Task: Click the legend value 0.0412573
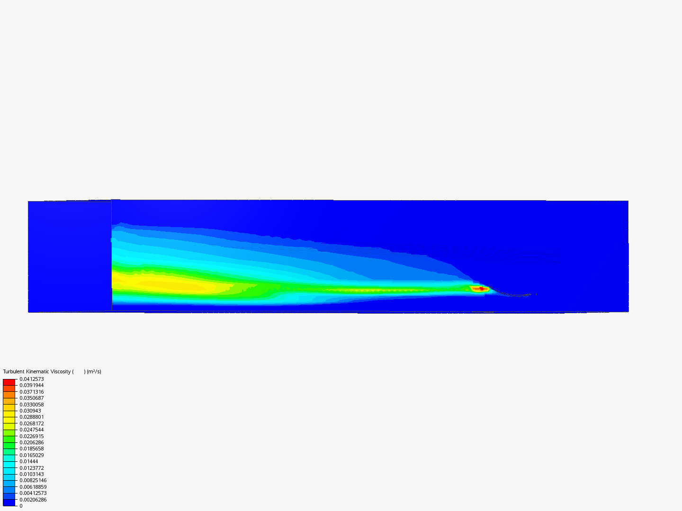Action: click(x=32, y=379)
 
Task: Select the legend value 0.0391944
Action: click(x=32, y=385)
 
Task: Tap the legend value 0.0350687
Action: click(x=32, y=398)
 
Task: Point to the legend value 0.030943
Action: click(x=30, y=411)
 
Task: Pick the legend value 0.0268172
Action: click(x=32, y=423)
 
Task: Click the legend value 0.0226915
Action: click(x=32, y=436)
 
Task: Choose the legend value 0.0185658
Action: click(x=32, y=449)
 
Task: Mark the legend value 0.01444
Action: click(x=28, y=461)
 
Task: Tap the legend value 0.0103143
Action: click(x=32, y=474)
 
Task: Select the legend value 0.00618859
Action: click(x=33, y=487)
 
